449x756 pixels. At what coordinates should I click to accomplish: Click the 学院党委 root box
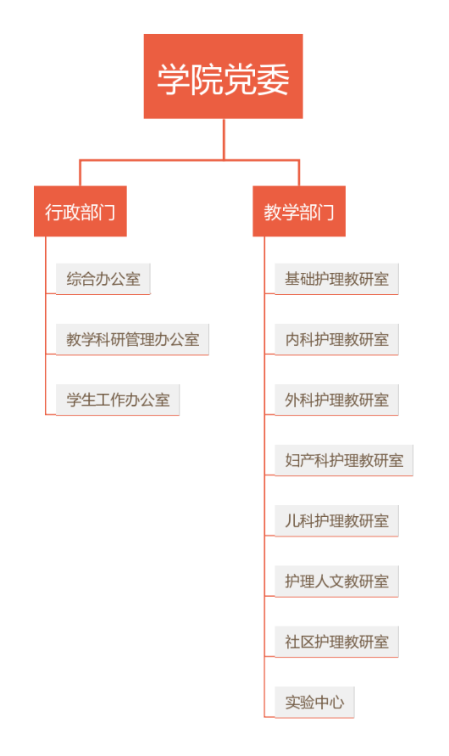[223, 76]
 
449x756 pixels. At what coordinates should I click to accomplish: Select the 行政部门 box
[80, 211]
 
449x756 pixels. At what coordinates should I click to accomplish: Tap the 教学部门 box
[299, 211]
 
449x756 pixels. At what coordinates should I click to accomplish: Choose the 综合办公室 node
[103, 279]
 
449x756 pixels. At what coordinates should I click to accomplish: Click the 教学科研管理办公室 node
[132, 339]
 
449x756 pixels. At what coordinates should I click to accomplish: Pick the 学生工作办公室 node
[118, 400]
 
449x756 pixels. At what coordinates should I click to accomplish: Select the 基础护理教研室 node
[337, 279]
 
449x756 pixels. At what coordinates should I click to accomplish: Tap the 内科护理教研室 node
[337, 339]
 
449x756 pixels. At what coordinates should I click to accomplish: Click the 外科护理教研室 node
[337, 400]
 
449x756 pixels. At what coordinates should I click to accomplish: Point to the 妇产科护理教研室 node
[344, 460]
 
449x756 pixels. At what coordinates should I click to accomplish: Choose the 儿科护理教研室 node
[337, 520]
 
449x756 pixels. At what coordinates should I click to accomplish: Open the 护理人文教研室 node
[337, 581]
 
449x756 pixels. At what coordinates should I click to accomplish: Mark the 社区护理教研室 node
[337, 642]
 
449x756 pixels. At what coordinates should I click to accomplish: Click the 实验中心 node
[314, 703]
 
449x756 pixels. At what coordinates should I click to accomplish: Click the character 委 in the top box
[273, 79]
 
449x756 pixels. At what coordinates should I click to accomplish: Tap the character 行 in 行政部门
[53, 212]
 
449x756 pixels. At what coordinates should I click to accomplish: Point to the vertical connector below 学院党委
[224, 139]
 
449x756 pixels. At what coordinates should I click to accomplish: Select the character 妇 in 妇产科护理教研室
[292, 460]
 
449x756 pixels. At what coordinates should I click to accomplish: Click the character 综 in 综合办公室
[74, 279]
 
